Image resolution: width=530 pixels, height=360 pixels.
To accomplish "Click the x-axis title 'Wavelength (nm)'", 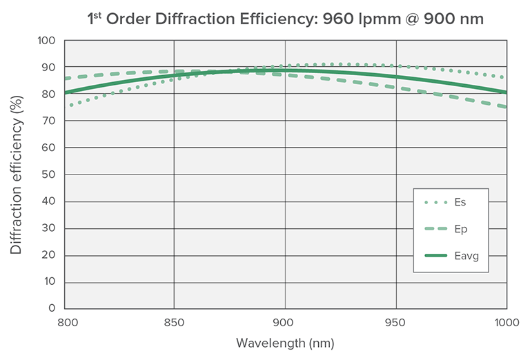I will pyautogui.click(x=285, y=342).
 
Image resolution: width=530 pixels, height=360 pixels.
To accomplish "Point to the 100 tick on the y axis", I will pyautogui.click(x=47, y=41).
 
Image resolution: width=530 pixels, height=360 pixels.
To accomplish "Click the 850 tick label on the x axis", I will pyautogui.click(x=174, y=322).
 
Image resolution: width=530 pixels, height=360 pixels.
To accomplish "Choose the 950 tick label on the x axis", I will pyautogui.click(x=396, y=322).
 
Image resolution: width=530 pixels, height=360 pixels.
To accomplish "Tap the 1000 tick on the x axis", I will pyautogui.click(x=505, y=322).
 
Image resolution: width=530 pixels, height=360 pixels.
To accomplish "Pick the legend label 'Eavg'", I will pyautogui.click(x=467, y=256).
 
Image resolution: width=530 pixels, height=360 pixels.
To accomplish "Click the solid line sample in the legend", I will pyautogui.click(x=435, y=256).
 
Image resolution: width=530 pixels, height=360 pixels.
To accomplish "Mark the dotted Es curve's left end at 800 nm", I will pyautogui.click(x=70, y=106).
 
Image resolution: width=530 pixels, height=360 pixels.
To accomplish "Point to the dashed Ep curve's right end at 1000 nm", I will pyautogui.click(x=506, y=107).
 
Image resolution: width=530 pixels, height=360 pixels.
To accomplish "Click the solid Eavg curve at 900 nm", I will pyautogui.click(x=285, y=70).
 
